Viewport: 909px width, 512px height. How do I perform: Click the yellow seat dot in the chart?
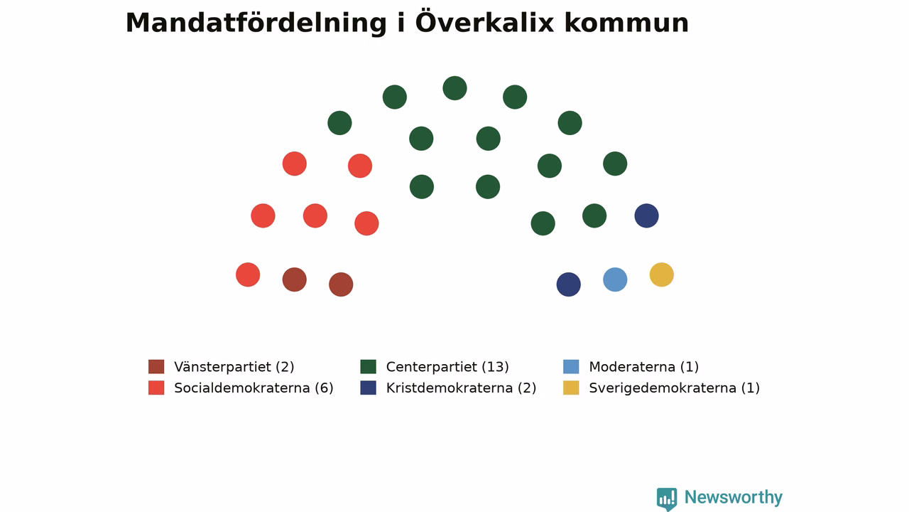(661, 274)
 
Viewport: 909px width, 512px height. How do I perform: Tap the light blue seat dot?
(615, 279)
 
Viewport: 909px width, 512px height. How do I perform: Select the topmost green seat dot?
(454, 88)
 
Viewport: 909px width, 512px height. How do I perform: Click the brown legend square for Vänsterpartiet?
(156, 366)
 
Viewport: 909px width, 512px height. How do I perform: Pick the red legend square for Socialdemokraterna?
(156, 388)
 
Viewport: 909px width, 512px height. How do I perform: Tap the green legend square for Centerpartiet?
(368, 366)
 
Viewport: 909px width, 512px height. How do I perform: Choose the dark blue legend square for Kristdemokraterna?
(368, 388)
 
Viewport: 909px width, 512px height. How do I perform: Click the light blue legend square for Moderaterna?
(571, 366)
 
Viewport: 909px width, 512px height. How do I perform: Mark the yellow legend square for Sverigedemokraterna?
(571, 388)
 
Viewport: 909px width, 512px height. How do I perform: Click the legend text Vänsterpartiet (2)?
(234, 367)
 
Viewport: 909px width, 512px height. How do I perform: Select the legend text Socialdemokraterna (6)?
(254, 388)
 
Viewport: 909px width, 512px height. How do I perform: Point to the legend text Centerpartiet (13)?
(447, 367)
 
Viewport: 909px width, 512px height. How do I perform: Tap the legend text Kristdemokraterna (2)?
(461, 388)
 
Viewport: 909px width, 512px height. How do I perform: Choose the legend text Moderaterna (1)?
(643, 367)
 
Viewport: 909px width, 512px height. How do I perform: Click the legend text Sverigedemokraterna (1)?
(674, 388)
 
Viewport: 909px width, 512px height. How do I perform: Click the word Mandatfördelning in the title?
(256, 23)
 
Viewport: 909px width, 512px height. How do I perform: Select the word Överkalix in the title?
(484, 22)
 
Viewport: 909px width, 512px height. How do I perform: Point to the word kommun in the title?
(626, 23)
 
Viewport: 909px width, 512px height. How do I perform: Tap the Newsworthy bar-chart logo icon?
(667, 499)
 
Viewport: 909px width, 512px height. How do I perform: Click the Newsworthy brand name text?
(734, 497)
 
